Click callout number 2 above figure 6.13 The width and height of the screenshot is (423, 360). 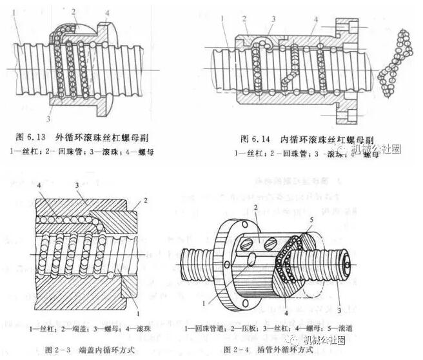click(74, 11)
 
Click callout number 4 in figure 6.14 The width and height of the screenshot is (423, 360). click(315, 20)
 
